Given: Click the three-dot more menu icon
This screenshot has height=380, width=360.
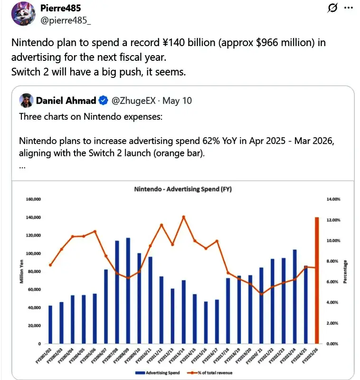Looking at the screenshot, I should point(348,8).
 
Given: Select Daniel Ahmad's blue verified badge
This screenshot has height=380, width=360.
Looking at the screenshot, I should point(103,101).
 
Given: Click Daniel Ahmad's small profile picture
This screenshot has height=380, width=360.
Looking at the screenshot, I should point(26,101).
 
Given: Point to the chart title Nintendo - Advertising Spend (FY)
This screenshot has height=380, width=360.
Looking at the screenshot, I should point(183,189).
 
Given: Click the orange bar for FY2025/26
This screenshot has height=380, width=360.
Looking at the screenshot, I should point(316,280).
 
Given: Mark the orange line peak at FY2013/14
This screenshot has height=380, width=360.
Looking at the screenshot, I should point(183,217).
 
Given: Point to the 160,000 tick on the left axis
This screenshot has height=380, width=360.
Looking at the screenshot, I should point(32,199).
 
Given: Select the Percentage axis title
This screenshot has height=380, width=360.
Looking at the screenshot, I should point(346,272).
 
